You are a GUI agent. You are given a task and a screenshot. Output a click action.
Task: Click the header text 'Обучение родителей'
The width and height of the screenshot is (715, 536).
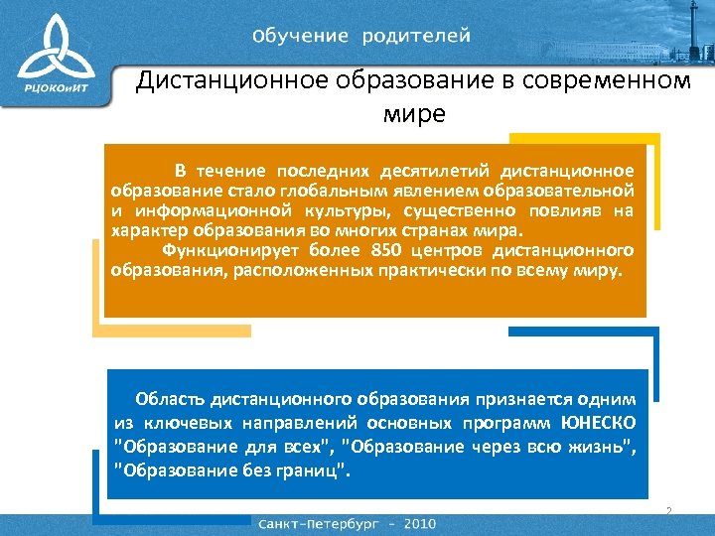pos(361,36)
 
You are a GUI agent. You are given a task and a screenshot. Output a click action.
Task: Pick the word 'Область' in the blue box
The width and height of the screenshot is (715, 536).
pos(170,399)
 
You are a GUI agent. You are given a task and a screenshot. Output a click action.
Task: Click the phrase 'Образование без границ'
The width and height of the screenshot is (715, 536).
pos(230,469)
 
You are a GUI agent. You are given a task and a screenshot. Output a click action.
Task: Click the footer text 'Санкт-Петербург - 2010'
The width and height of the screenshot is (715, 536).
pos(347,522)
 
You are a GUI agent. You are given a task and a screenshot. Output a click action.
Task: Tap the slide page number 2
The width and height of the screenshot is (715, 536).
pos(668,511)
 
